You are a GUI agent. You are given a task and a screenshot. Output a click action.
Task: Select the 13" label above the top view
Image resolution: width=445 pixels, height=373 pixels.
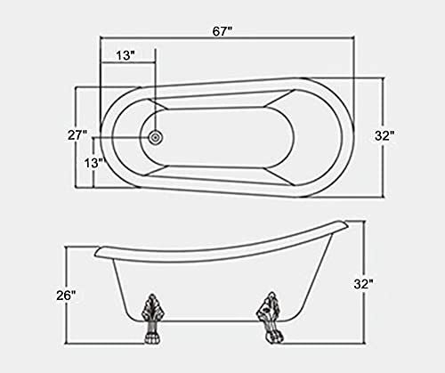[x=125, y=54]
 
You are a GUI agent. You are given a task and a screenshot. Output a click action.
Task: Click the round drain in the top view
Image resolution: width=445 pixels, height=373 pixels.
[x=157, y=137]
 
